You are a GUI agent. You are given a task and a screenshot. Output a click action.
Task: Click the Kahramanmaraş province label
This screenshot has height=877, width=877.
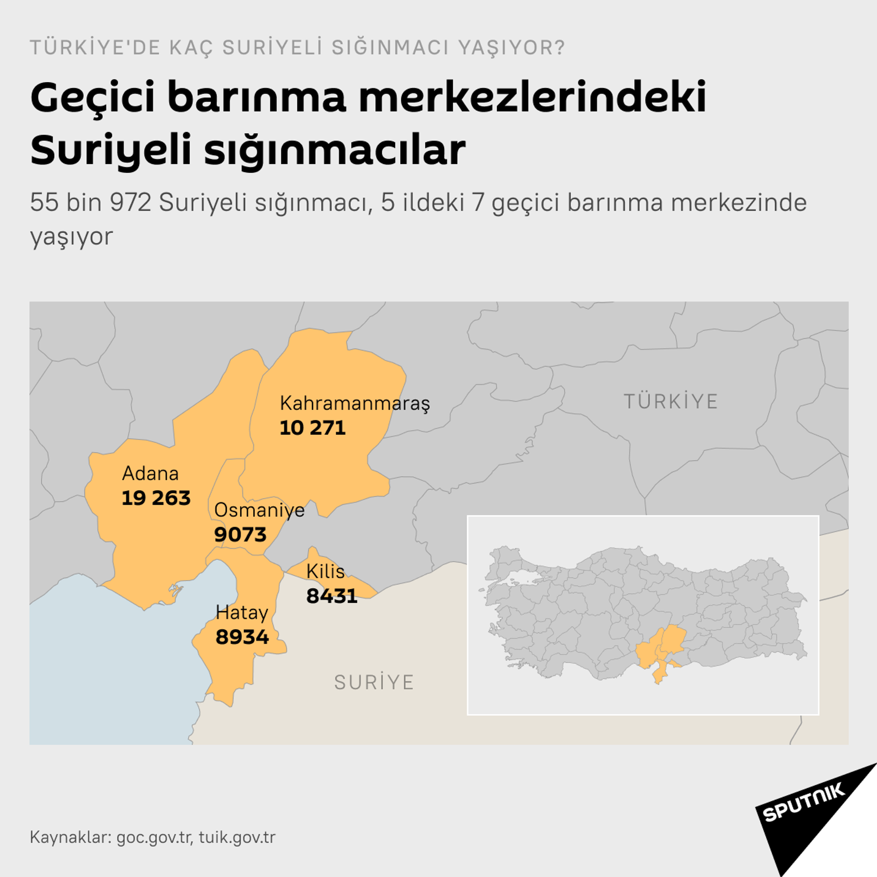click(354, 403)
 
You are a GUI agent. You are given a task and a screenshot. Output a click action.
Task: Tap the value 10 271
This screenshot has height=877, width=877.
click(312, 428)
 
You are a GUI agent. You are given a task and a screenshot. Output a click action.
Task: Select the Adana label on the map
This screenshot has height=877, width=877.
click(150, 474)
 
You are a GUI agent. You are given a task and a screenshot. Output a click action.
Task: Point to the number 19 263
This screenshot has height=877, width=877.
click(156, 498)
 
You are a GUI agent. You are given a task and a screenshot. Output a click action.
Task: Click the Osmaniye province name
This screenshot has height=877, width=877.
click(259, 510)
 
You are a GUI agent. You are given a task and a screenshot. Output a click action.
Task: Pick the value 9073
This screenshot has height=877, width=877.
click(240, 535)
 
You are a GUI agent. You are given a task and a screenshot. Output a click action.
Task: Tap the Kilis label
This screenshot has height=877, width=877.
click(325, 571)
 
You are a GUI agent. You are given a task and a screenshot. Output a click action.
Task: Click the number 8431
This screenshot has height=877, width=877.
click(332, 596)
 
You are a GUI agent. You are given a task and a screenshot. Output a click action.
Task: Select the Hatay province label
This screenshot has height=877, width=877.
click(242, 613)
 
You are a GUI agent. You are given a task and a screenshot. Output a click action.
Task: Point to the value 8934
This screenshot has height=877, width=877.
click(242, 637)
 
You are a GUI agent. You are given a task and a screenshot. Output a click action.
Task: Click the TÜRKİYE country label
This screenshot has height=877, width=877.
click(671, 402)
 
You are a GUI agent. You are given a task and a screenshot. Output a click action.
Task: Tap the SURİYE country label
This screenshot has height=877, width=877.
click(374, 682)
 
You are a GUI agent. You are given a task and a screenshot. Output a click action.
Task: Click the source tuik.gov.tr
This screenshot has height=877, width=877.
click(237, 837)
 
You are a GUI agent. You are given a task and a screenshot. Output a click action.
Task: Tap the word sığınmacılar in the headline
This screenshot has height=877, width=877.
click(334, 151)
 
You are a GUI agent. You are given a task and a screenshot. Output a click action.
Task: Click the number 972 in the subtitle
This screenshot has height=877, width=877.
click(130, 202)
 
